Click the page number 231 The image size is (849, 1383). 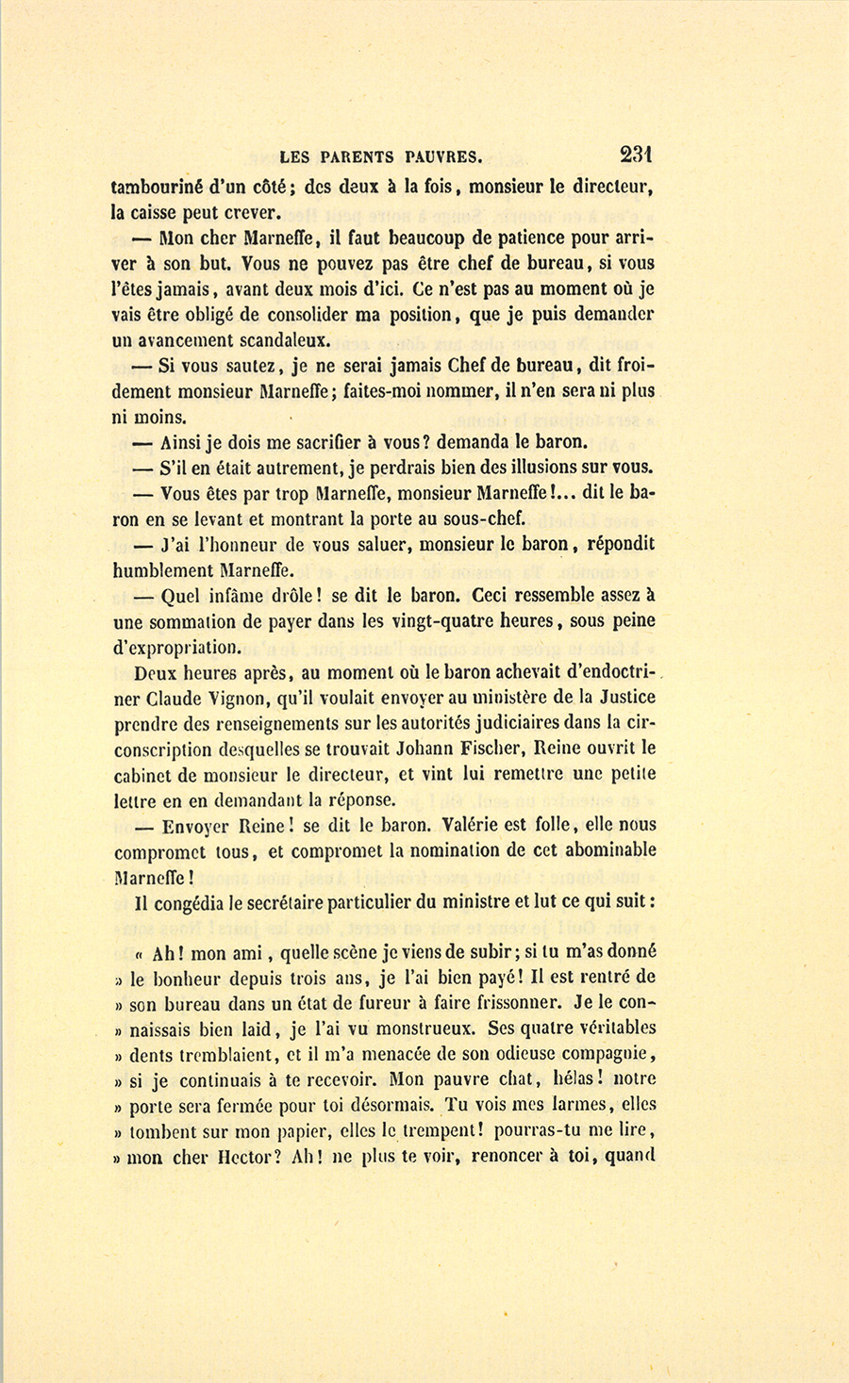pyautogui.click(x=637, y=155)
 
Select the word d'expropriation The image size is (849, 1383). pyautogui.click(x=176, y=648)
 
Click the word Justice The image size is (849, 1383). pyautogui.click(x=621, y=698)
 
